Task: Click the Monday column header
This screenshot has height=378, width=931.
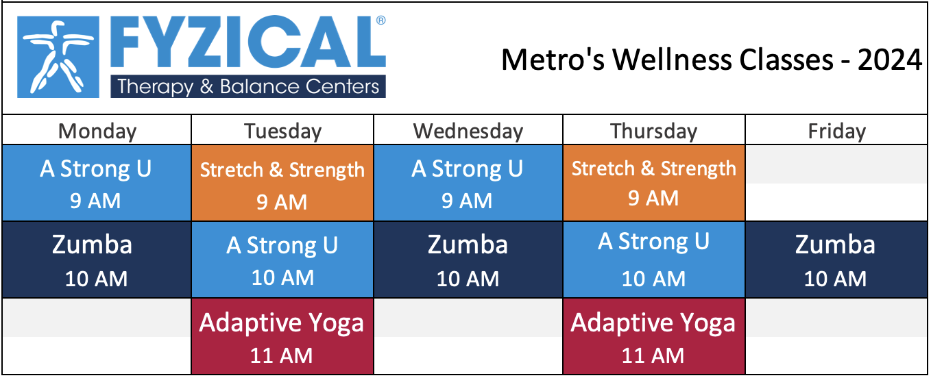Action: [97, 131]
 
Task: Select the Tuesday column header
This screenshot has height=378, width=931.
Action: [282, 131]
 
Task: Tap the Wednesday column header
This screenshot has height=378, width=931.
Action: [468, 131]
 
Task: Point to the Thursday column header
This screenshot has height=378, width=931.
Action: [654, 131]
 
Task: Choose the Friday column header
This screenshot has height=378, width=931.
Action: [836, 131]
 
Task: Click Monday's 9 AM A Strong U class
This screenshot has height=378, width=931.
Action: [97, 183]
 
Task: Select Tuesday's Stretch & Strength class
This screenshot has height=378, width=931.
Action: [282, 183]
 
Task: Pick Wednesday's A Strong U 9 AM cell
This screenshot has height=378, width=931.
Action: [468, 183]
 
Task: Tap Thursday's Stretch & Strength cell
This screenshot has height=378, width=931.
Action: [654, 183]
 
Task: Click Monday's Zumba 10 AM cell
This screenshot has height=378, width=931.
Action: [97, 260]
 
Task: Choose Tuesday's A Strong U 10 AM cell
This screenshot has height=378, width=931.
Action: [282, 260]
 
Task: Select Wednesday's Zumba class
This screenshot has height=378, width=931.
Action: [468, 260]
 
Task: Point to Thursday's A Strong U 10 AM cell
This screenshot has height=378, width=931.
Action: [654, 260]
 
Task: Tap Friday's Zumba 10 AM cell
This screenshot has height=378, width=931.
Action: [836, 260]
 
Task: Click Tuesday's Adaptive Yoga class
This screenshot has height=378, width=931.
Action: [282, 336]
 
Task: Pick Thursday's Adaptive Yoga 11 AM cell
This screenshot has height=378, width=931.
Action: [654, 336]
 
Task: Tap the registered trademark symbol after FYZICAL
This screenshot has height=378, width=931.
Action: [380, 21]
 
